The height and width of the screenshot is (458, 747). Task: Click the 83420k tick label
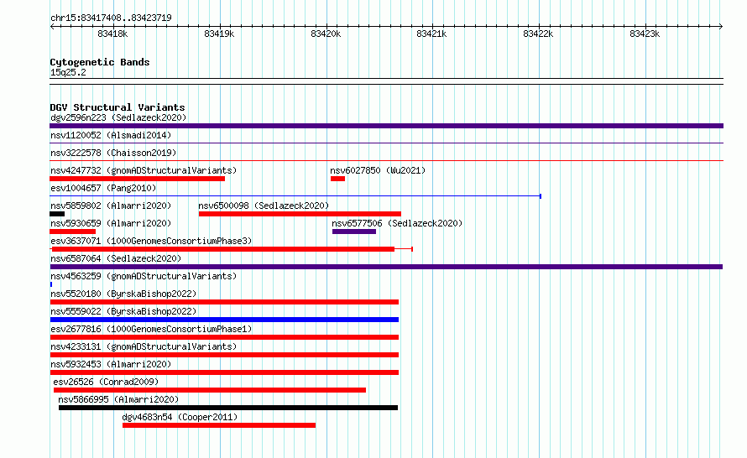(x=326, y=34)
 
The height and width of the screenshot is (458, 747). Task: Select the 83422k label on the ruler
(x=538, y=34)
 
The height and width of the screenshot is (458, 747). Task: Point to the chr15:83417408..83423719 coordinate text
(x=111, y=18)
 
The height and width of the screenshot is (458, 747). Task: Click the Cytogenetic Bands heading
(x=100, y=62)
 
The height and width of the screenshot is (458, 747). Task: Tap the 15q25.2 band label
(x=68, y=72)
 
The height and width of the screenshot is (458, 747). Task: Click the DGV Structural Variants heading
(x=118, y=107)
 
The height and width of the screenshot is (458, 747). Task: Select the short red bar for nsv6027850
(x=337, y=179)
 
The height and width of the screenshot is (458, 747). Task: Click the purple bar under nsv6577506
(x=354, y=232)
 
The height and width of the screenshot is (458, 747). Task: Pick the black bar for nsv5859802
(x=57, y=214)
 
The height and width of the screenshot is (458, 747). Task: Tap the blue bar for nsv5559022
(x=224, y=320)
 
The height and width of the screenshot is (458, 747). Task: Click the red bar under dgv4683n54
(x=219, y=425)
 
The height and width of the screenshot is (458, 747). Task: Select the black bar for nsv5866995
(x=228, y=408)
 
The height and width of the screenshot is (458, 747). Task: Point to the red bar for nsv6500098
(x=300, y=214)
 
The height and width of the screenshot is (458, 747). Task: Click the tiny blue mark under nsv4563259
(x=51, y=284)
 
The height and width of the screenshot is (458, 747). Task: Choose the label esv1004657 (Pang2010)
(x=103, y=188)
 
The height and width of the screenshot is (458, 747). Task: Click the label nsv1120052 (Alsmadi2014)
(x=111, y=135)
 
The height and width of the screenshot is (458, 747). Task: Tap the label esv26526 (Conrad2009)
(x=106, y=382)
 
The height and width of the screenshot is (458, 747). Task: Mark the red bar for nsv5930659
(x=72, y=232)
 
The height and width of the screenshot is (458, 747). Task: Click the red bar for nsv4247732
(x=137, y=179)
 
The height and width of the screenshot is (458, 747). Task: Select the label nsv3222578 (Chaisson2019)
(x=113, y=153)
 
